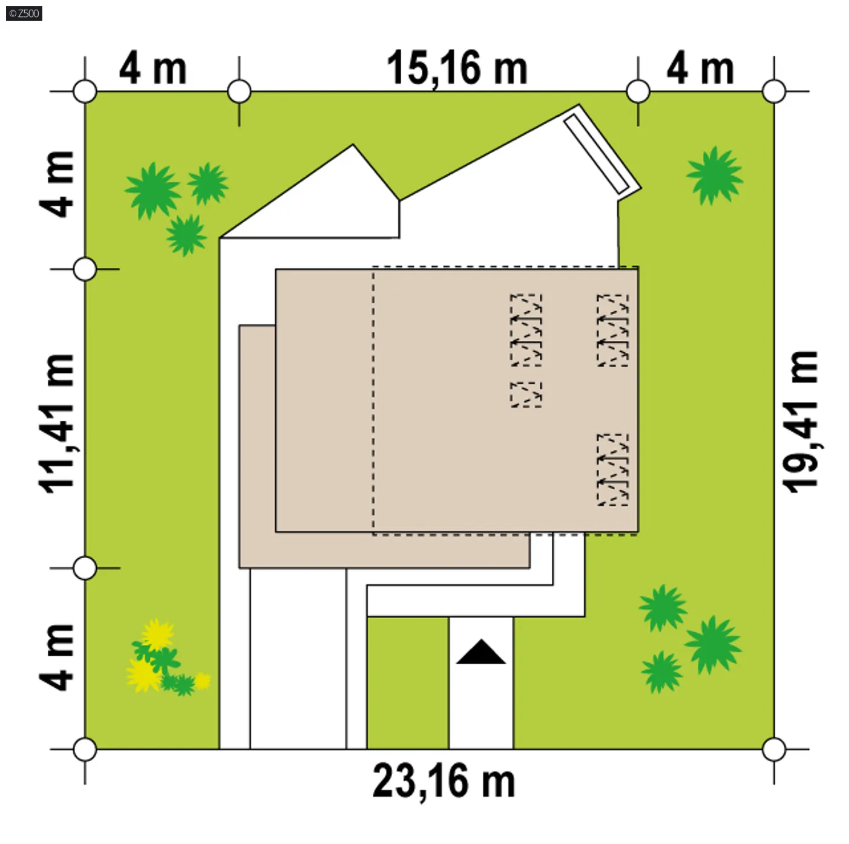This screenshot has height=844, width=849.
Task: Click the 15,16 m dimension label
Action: (x=457, y=68)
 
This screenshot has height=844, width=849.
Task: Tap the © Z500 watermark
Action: (x=24, y=13)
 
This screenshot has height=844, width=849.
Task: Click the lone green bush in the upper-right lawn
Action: (x=714, y=176)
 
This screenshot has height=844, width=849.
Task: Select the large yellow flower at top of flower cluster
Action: (x=157, y=634)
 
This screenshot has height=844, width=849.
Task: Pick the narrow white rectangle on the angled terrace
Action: (x=597, y=153)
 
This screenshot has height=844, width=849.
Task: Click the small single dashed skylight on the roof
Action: (x=526, y=395)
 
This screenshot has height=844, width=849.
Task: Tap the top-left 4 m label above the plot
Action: (x=153, y=68)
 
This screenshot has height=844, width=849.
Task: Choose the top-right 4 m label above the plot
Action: (x=700, y=68)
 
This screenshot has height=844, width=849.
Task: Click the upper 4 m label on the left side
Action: (x=56, y=184)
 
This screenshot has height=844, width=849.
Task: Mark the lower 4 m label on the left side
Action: (x=56, y=658)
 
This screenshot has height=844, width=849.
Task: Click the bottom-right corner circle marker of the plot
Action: (x=774, y=749)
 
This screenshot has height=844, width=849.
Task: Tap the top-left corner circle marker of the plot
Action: (x=85, y=91)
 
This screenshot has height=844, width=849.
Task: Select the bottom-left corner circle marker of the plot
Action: (x=85, y=749)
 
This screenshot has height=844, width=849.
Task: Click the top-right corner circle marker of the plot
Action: (x=774, y=91)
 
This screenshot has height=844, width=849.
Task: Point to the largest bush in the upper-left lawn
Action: (x=152, y=191)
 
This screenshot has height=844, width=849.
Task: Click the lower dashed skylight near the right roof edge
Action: (x=613, y=470)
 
